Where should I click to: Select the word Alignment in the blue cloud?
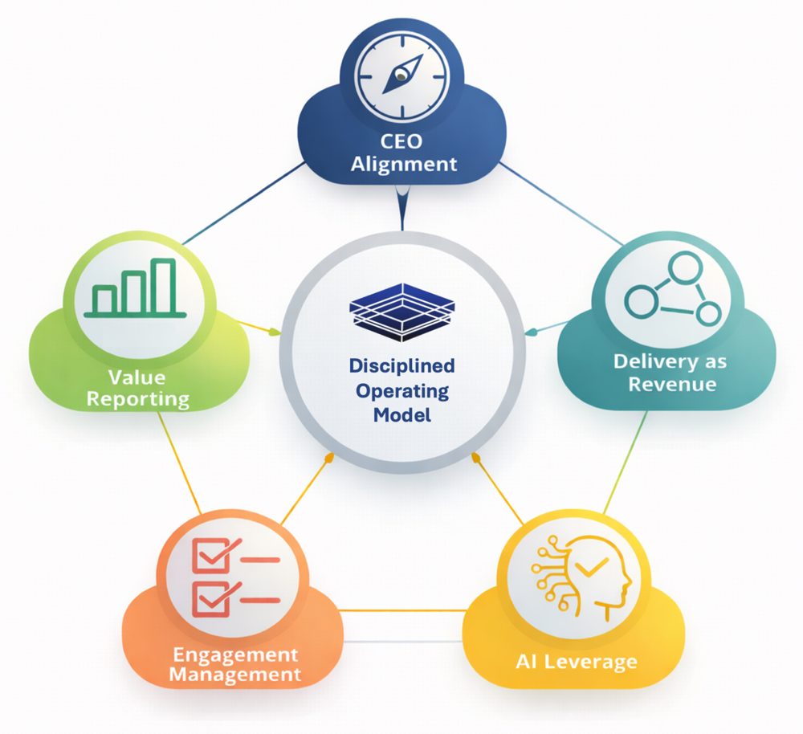[403, 164]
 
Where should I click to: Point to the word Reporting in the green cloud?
[138, 398]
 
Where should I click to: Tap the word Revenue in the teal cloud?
[672, 384]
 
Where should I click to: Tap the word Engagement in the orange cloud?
[235, 654]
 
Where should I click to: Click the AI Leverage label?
[576, 663]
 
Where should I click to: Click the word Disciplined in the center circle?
[401, 366]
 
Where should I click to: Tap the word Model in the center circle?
[401, 415]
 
